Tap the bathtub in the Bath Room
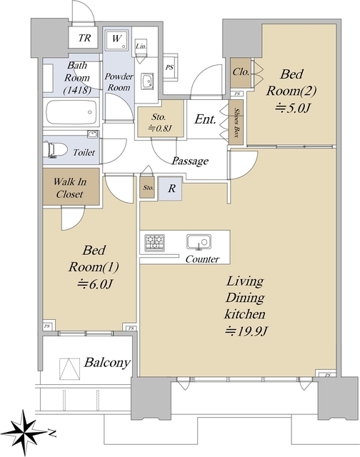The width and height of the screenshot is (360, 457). coord(72,112)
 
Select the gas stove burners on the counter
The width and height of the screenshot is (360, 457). coord(154,243)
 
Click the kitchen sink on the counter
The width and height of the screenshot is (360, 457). coord(199,242)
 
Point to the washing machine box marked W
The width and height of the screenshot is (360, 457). coord(116,40)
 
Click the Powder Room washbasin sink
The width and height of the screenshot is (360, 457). coord(147,80)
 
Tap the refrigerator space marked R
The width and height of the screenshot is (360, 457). coord(170,189)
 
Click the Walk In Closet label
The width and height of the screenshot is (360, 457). coord(70,188)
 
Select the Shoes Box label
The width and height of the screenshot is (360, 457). coord(237,122)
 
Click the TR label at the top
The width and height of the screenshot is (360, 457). coord(84,38)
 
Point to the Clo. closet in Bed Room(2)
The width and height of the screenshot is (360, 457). coord(241,73)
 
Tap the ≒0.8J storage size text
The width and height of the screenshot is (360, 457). coord(159,128)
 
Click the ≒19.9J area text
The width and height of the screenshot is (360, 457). coord(246,331)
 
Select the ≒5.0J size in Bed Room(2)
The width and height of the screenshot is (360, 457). coord(292,108)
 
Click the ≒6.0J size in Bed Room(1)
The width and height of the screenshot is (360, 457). coord(94,284)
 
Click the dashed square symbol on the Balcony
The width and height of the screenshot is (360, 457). coord(70,368)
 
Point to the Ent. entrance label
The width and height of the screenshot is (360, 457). coord(206,119)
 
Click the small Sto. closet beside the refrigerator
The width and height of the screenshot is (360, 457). coord(147,187)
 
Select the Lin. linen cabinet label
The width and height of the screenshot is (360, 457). coord(141,46)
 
